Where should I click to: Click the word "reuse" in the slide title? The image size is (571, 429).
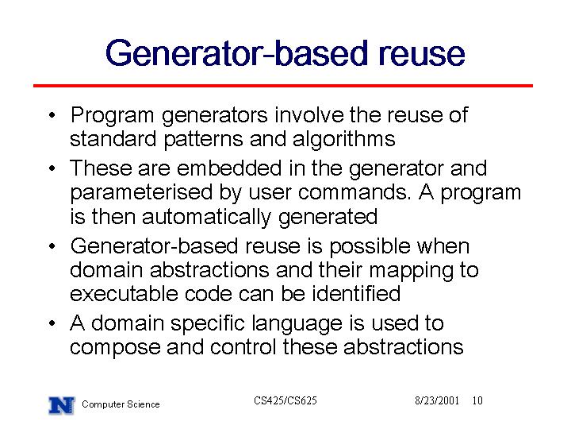(422, 54)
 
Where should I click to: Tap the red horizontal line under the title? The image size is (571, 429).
(283, 86)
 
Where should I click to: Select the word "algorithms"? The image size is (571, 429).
(343, 140)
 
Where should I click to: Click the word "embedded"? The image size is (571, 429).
(229, 168)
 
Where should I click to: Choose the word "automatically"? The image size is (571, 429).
(206, 217)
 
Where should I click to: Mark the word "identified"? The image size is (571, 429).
(356, 293)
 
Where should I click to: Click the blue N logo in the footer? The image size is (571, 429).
(62, 405)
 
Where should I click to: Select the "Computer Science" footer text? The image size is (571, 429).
(121, 404)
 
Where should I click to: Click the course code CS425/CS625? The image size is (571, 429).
(285, 400)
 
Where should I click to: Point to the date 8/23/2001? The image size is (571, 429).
(437, 400)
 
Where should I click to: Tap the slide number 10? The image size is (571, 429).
(477, 400)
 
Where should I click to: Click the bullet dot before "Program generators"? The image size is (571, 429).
(52, 116)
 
